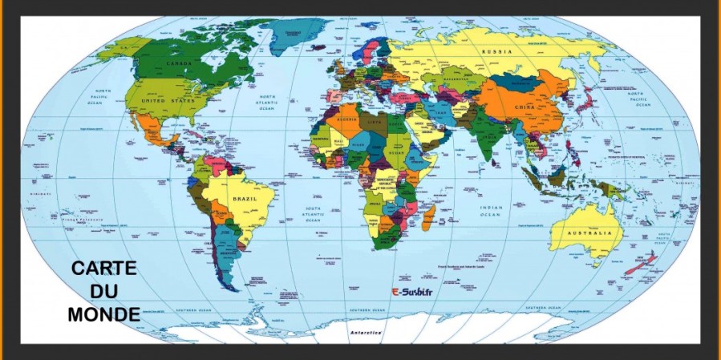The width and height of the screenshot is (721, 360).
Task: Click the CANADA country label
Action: [x=178, y=62]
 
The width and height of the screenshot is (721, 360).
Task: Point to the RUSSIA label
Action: [x=497, y=51]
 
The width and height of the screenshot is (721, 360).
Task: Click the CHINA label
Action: [x=525, y=107]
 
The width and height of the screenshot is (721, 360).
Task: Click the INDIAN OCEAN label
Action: [x=491, y=211]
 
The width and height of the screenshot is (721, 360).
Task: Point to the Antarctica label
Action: [x=367, y=331]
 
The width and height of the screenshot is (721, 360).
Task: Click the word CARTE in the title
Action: [x=103, y=269]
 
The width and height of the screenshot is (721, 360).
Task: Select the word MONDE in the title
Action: [x=103, y=314]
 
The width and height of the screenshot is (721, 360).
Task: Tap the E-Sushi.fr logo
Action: [x=412, y=293]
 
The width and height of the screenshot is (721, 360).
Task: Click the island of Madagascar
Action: [x=429, y=214]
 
